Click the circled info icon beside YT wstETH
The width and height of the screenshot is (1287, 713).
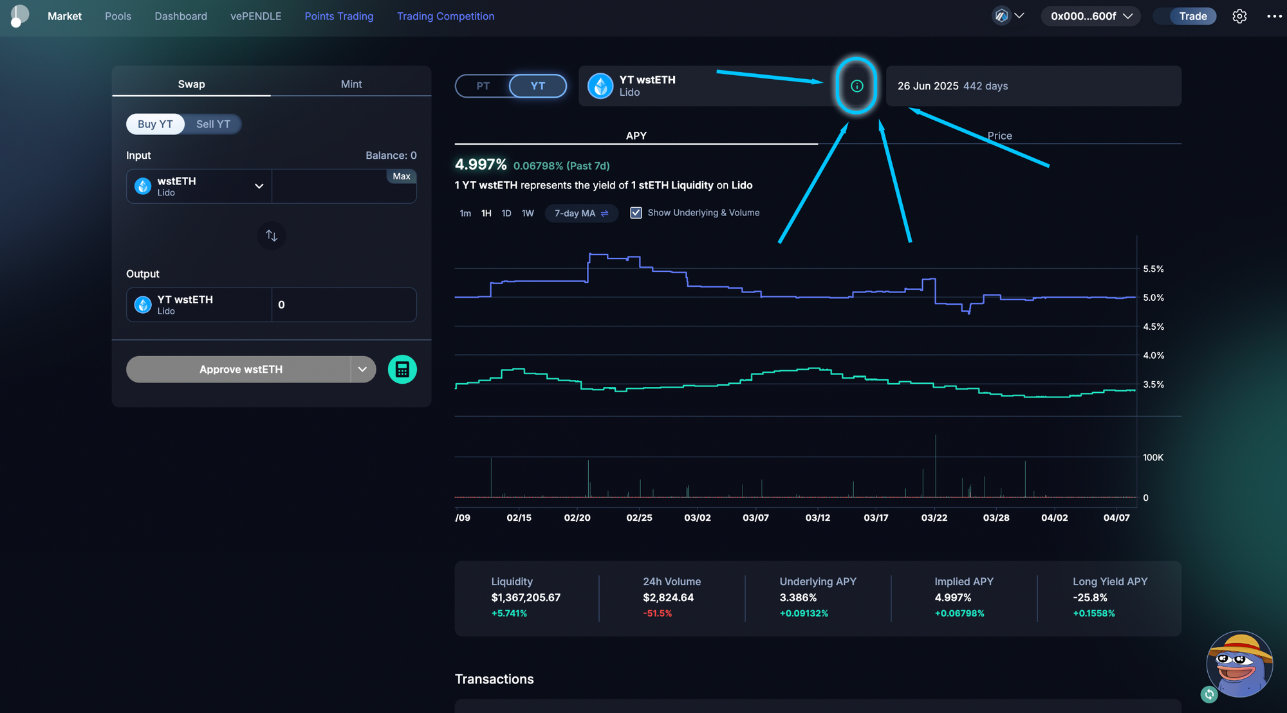point(856,86)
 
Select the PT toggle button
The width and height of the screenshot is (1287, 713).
point(483,86)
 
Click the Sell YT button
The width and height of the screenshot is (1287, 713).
point(213,124)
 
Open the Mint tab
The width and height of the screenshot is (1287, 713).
point(351,84)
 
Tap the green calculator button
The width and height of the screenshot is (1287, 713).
point(402,370)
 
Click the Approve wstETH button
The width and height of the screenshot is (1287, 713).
point(240,370)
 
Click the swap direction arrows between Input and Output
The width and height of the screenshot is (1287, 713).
point(272,236)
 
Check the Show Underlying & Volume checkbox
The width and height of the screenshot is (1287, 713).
point(636,213)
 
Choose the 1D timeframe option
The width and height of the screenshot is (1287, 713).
point(506,213)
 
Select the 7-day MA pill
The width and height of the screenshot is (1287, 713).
point(580,213)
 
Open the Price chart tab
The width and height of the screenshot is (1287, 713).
point(999,136)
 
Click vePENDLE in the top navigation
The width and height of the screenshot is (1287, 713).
point(255,16)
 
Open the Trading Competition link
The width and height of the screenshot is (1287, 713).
point(445,16)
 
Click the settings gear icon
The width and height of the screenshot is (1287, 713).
point(1239,16)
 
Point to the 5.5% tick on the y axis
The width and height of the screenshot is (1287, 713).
point(1153,269)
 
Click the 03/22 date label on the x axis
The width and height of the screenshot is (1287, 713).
point(934,518)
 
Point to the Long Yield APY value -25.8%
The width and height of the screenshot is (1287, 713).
point(1090,597)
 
